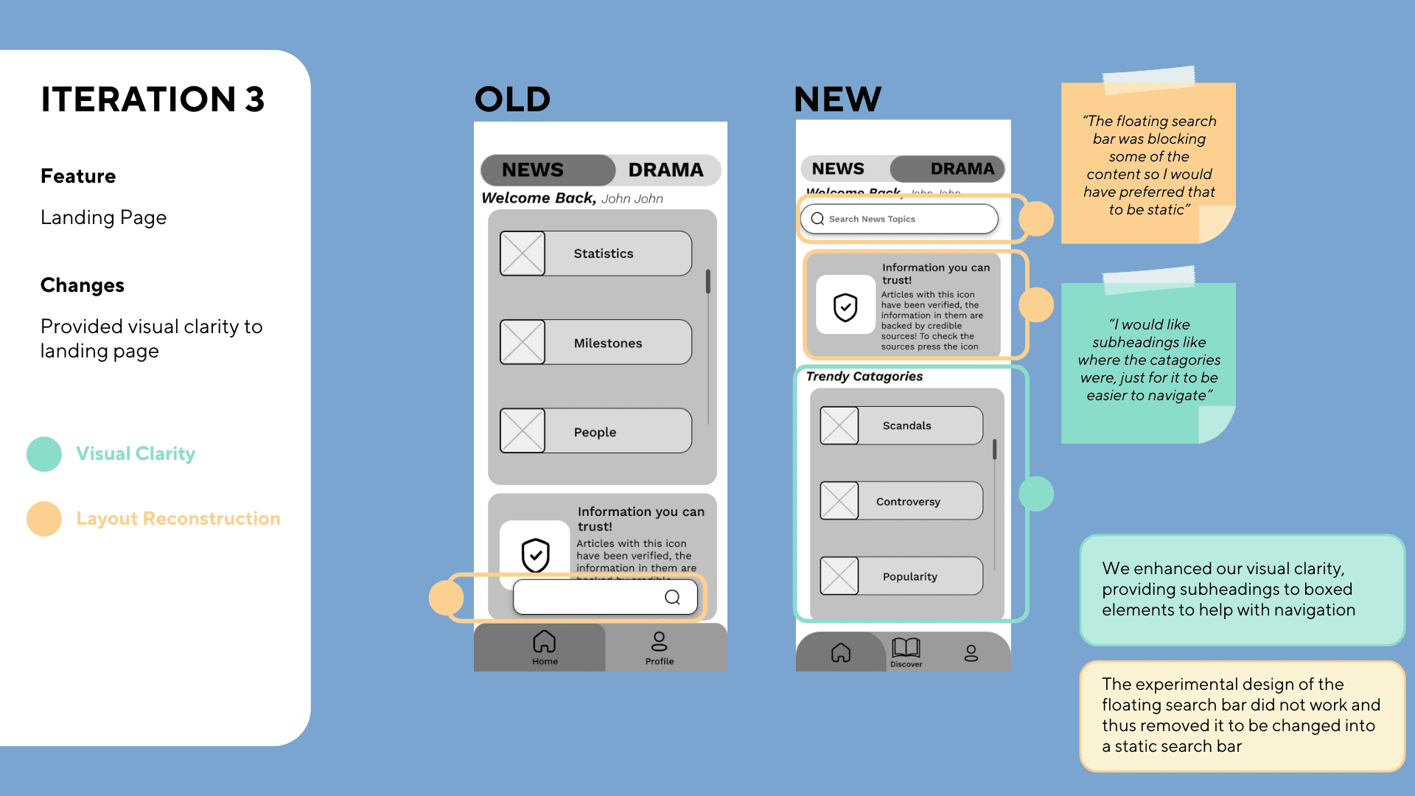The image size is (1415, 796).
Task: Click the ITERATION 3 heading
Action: pos(153,99)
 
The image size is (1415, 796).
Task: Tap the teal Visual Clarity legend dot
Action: pos(44,454)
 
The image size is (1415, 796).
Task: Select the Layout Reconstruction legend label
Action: pos(178,519)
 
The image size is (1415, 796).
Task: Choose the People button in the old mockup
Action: pos(595,432)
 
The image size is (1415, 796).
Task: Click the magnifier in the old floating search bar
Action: pos(672,597)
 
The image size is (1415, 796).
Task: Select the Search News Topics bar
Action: pos(899,219)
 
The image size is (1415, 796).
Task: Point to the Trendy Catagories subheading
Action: pos(864,377)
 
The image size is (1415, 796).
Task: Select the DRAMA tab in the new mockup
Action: pos(962,169)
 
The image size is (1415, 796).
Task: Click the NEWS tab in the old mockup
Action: pos(533,170)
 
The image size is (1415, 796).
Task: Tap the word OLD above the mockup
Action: pos(512,99)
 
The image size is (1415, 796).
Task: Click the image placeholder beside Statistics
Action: pos(523,254)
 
